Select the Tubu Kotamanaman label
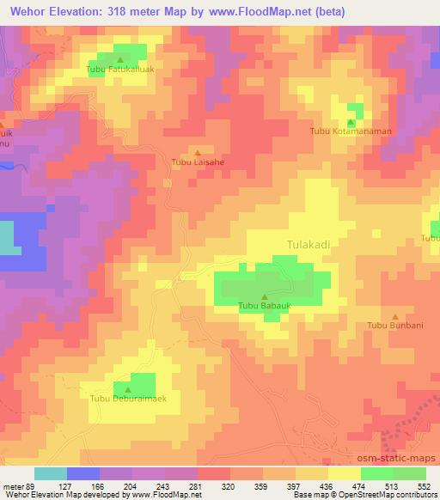pos(351,131)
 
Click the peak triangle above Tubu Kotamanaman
pos(351,122)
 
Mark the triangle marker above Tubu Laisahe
pos(199,151)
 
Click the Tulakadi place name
pos(308,245)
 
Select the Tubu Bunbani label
pos(394,326)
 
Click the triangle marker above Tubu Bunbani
pos(394,316)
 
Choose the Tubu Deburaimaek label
pos(128,398)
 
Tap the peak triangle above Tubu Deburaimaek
pos(128,388)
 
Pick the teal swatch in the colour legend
pos(51,473)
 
